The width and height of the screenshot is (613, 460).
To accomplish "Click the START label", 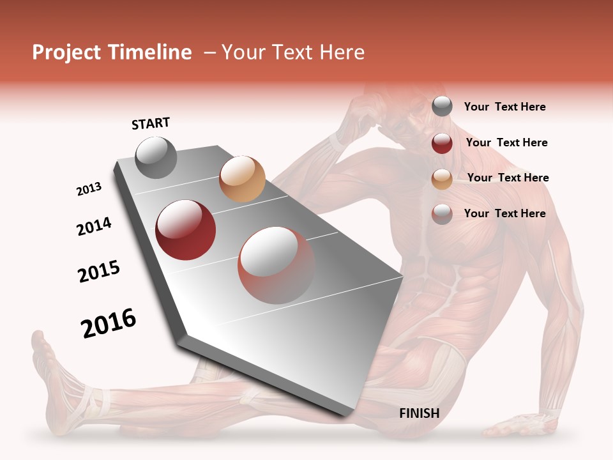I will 151,123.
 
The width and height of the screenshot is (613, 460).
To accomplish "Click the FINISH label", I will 419,413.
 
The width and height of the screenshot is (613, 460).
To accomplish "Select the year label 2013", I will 89,189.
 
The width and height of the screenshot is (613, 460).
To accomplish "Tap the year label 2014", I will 94,227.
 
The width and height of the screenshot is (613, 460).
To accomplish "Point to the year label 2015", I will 99,272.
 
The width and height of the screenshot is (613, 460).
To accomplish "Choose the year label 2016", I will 109,323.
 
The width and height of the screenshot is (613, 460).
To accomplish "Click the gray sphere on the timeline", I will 156,157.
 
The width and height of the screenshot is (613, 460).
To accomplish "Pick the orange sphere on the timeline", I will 242,179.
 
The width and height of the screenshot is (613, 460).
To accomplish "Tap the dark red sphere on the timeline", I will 186,230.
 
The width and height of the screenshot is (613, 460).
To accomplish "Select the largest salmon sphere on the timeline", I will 276,265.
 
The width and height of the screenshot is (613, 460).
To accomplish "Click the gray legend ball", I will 442,107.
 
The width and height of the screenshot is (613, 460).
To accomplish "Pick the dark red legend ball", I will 442,143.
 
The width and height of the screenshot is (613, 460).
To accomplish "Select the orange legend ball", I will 442,179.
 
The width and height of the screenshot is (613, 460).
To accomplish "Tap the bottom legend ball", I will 442,214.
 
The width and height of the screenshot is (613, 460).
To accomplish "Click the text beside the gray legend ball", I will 504,107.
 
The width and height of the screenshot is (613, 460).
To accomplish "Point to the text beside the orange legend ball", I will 508,178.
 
